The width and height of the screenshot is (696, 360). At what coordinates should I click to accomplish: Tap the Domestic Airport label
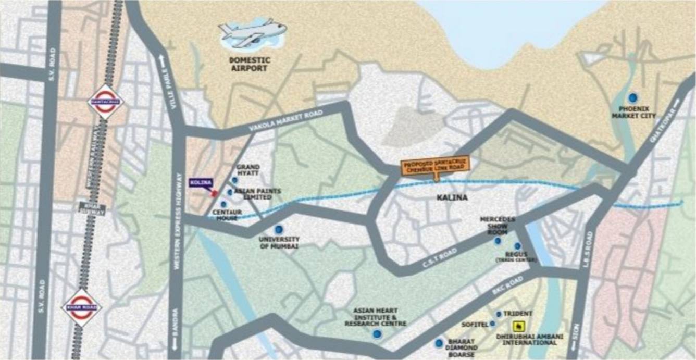tap(250, 64)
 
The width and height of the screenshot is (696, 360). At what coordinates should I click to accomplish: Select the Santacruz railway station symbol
tap(106, 102)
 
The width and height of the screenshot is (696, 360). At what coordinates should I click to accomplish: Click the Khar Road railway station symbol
tap(81, 307)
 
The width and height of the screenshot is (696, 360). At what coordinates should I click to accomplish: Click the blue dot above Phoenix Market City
tap(633, 97)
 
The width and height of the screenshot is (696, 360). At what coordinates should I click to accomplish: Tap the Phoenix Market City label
tap(633, 112)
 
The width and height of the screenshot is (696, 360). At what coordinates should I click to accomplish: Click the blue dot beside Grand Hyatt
tap(234, 180)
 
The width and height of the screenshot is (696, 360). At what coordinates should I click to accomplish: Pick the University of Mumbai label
tap(279, 243)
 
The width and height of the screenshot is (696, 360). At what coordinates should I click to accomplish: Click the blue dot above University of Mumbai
tap(279, 229)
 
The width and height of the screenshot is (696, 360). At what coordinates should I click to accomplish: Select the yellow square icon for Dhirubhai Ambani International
tap(518, 327)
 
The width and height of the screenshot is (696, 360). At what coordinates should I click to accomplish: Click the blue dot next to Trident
tap(499, 314)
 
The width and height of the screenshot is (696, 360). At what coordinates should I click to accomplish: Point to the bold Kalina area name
tap(452, 197)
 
